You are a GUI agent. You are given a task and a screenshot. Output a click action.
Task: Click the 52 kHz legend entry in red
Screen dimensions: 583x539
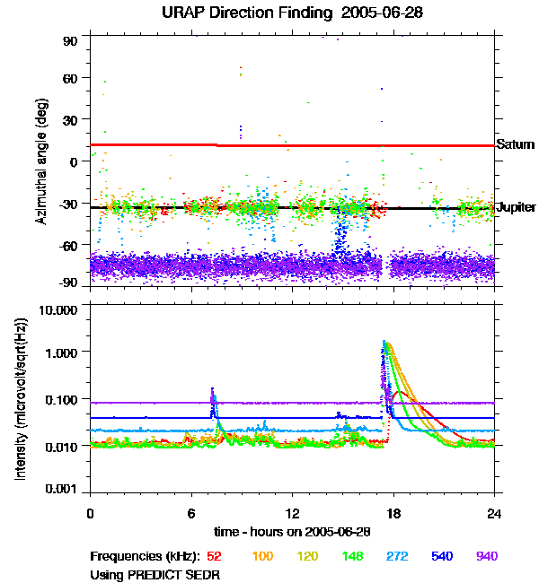(x=214, y=556)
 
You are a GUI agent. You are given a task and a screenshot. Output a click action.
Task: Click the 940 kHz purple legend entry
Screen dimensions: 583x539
(x=487, y=556)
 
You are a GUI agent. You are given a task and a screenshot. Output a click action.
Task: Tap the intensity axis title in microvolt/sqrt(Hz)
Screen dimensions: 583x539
(x=20, y=399)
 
